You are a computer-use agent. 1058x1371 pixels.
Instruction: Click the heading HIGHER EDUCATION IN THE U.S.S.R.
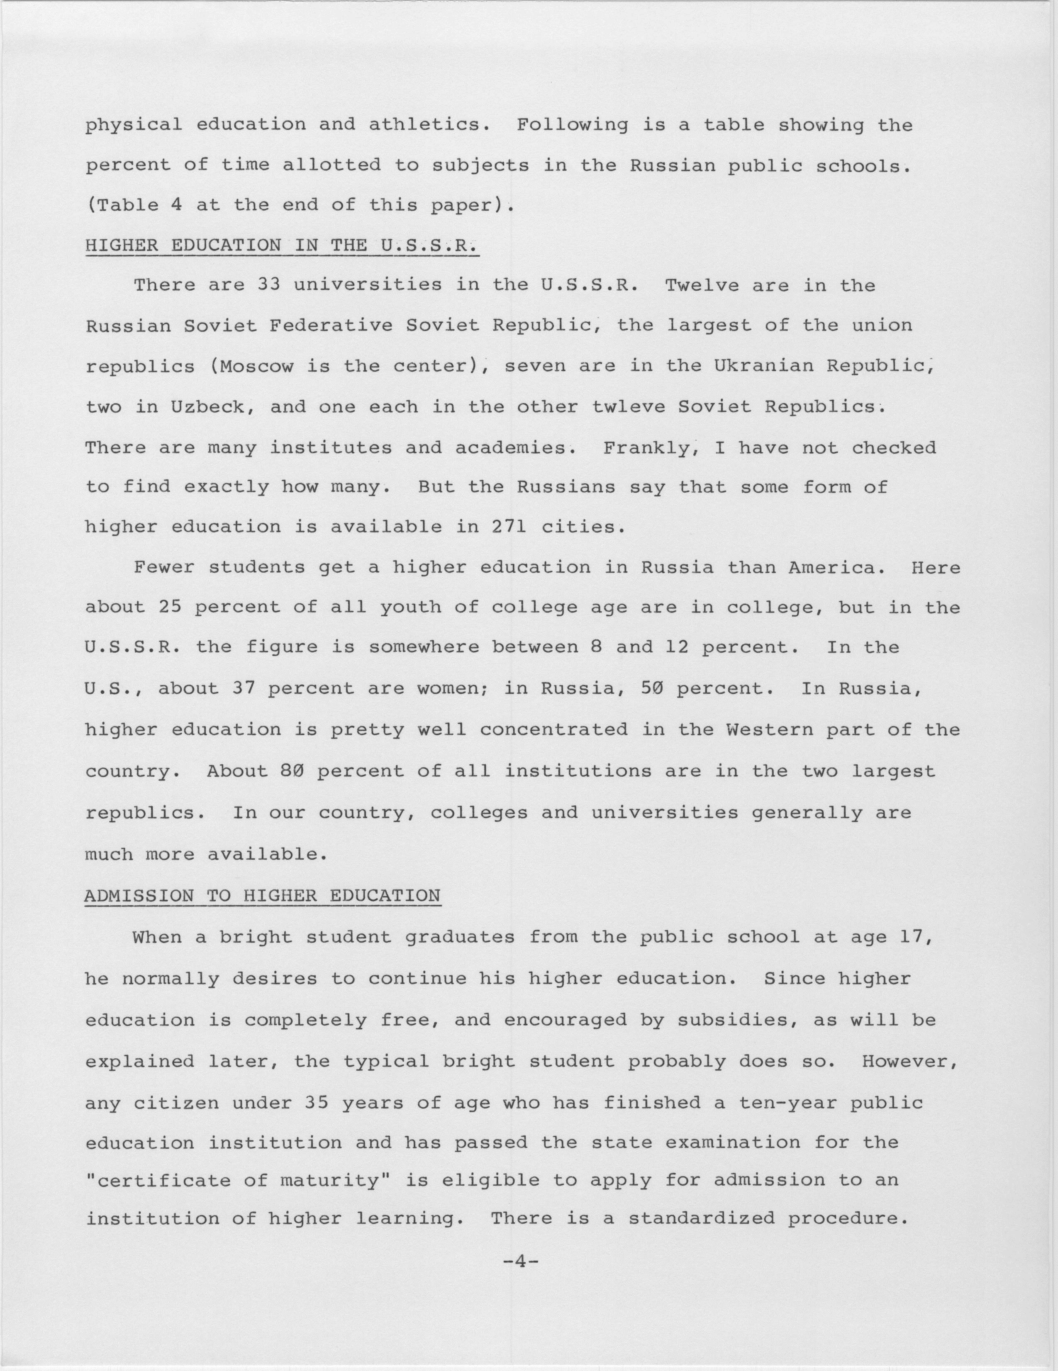coord(281,246)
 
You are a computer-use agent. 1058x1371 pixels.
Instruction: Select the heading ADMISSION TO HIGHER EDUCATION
coord(263,896)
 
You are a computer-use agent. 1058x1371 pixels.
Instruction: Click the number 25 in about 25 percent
coord(170,607)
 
